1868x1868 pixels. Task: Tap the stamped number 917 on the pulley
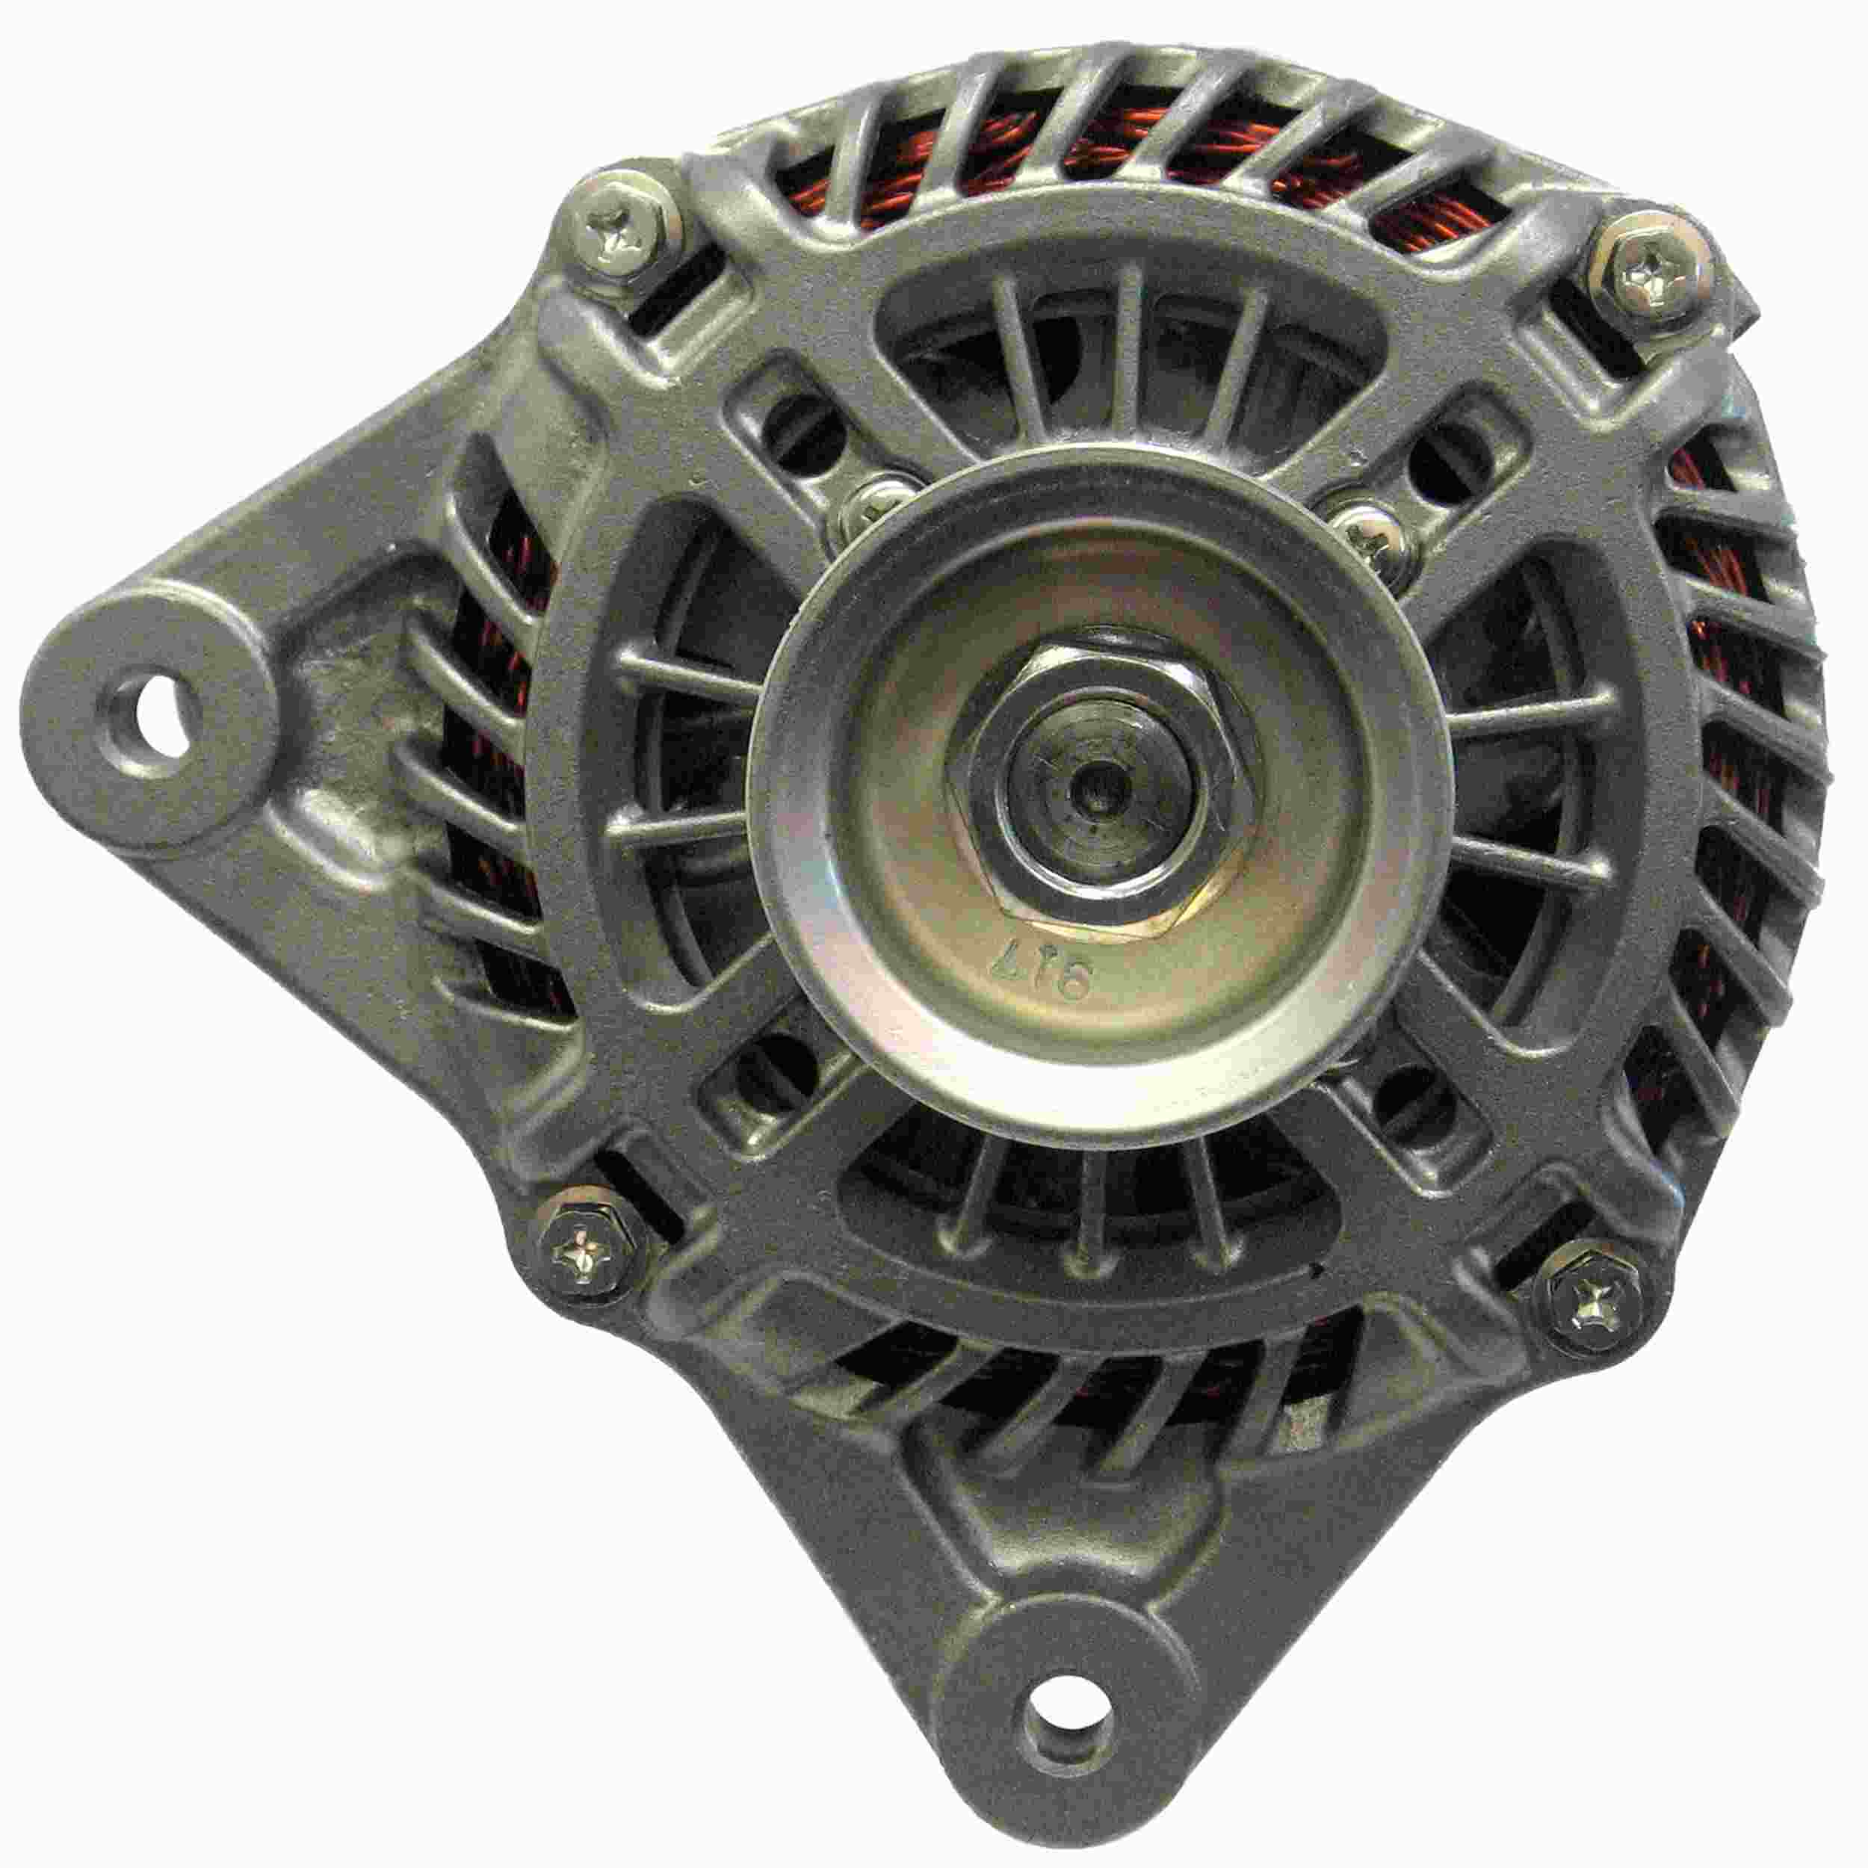pyautogui.click(x=1061, y=968)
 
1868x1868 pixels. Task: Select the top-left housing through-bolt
pyautogui.click(x=618, y=234)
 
